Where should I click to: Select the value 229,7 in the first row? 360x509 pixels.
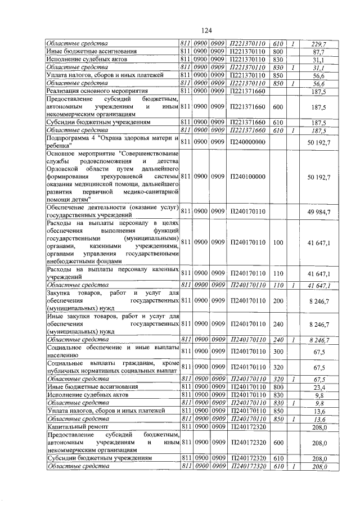[319, 43]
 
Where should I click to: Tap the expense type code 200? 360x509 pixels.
[277, 301]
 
